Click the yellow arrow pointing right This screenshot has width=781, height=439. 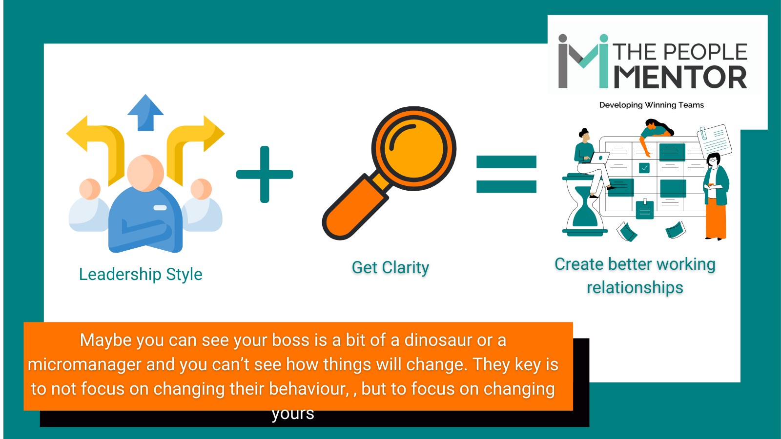[x=194, y=141]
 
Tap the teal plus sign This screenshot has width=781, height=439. [x=265, y=174]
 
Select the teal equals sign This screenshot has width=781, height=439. [x=506, y=174]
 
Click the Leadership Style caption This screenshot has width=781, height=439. [x=141, y=274]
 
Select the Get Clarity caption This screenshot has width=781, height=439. [x=390, y=267]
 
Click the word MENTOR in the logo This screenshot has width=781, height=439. [x=680, y=78]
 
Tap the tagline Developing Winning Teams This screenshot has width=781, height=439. [x=651, y=105]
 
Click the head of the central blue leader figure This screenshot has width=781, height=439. [x=145, y=173]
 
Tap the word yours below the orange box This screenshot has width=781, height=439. [x=293, y=414]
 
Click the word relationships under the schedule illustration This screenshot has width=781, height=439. [x=635, y=288]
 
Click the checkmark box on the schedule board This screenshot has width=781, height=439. [x=644, y=168]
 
